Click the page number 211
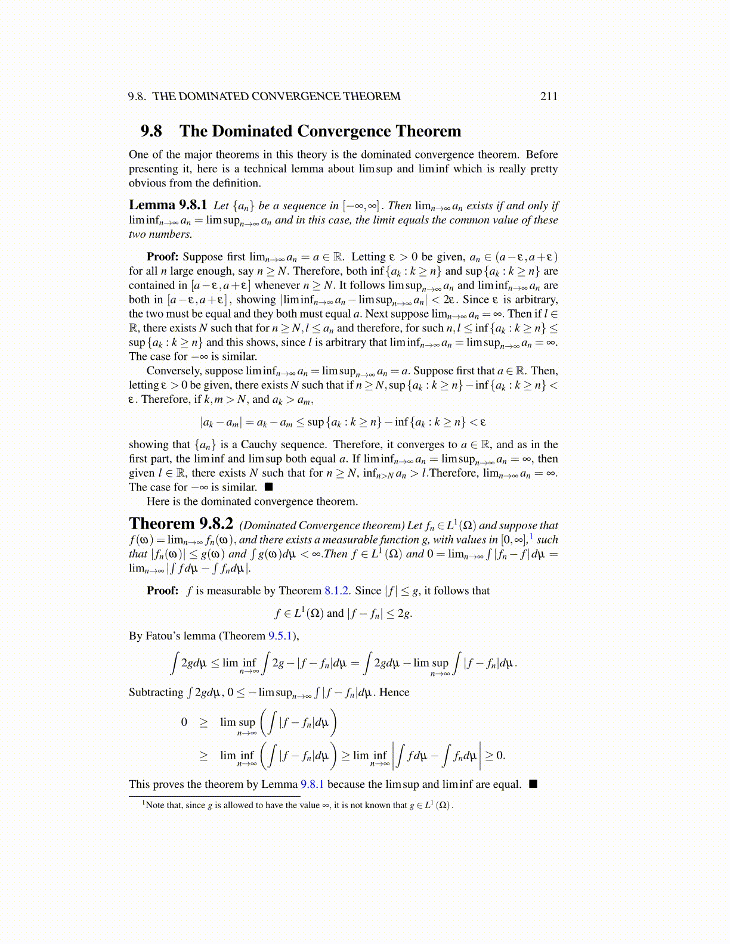(x=549, y=97)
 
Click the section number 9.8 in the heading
(x=151, y=131)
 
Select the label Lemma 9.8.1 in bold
(x=168, y=206)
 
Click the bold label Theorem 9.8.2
(x=181, y=524)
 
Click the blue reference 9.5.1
(x=280, y=636)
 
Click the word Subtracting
(x=156, y=693)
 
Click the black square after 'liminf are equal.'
(x=533, y=784)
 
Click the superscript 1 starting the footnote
(x=144, y=803)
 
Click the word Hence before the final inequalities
(x=394, y=693)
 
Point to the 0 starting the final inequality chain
(x=184, y=722)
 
